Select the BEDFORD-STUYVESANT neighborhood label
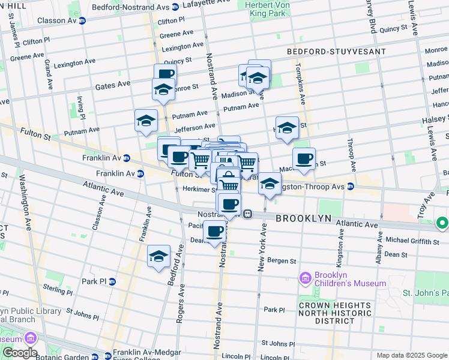click(x=336, y=52)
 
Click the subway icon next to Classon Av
click(x=82, y=20)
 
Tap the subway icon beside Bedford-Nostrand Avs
click(x=175, y=7)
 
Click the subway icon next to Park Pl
click(x=112, y=281)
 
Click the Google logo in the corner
click(x=20, y=352)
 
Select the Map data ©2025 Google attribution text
click(x=411, y=355)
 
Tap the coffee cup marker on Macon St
click(x=304, y=159)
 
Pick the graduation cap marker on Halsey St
click(x=288, y=128)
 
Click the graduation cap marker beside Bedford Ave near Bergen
click(x=158, y=256)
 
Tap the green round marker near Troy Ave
click(x=442, y=224)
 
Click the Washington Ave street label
click(x=25, y=202)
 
